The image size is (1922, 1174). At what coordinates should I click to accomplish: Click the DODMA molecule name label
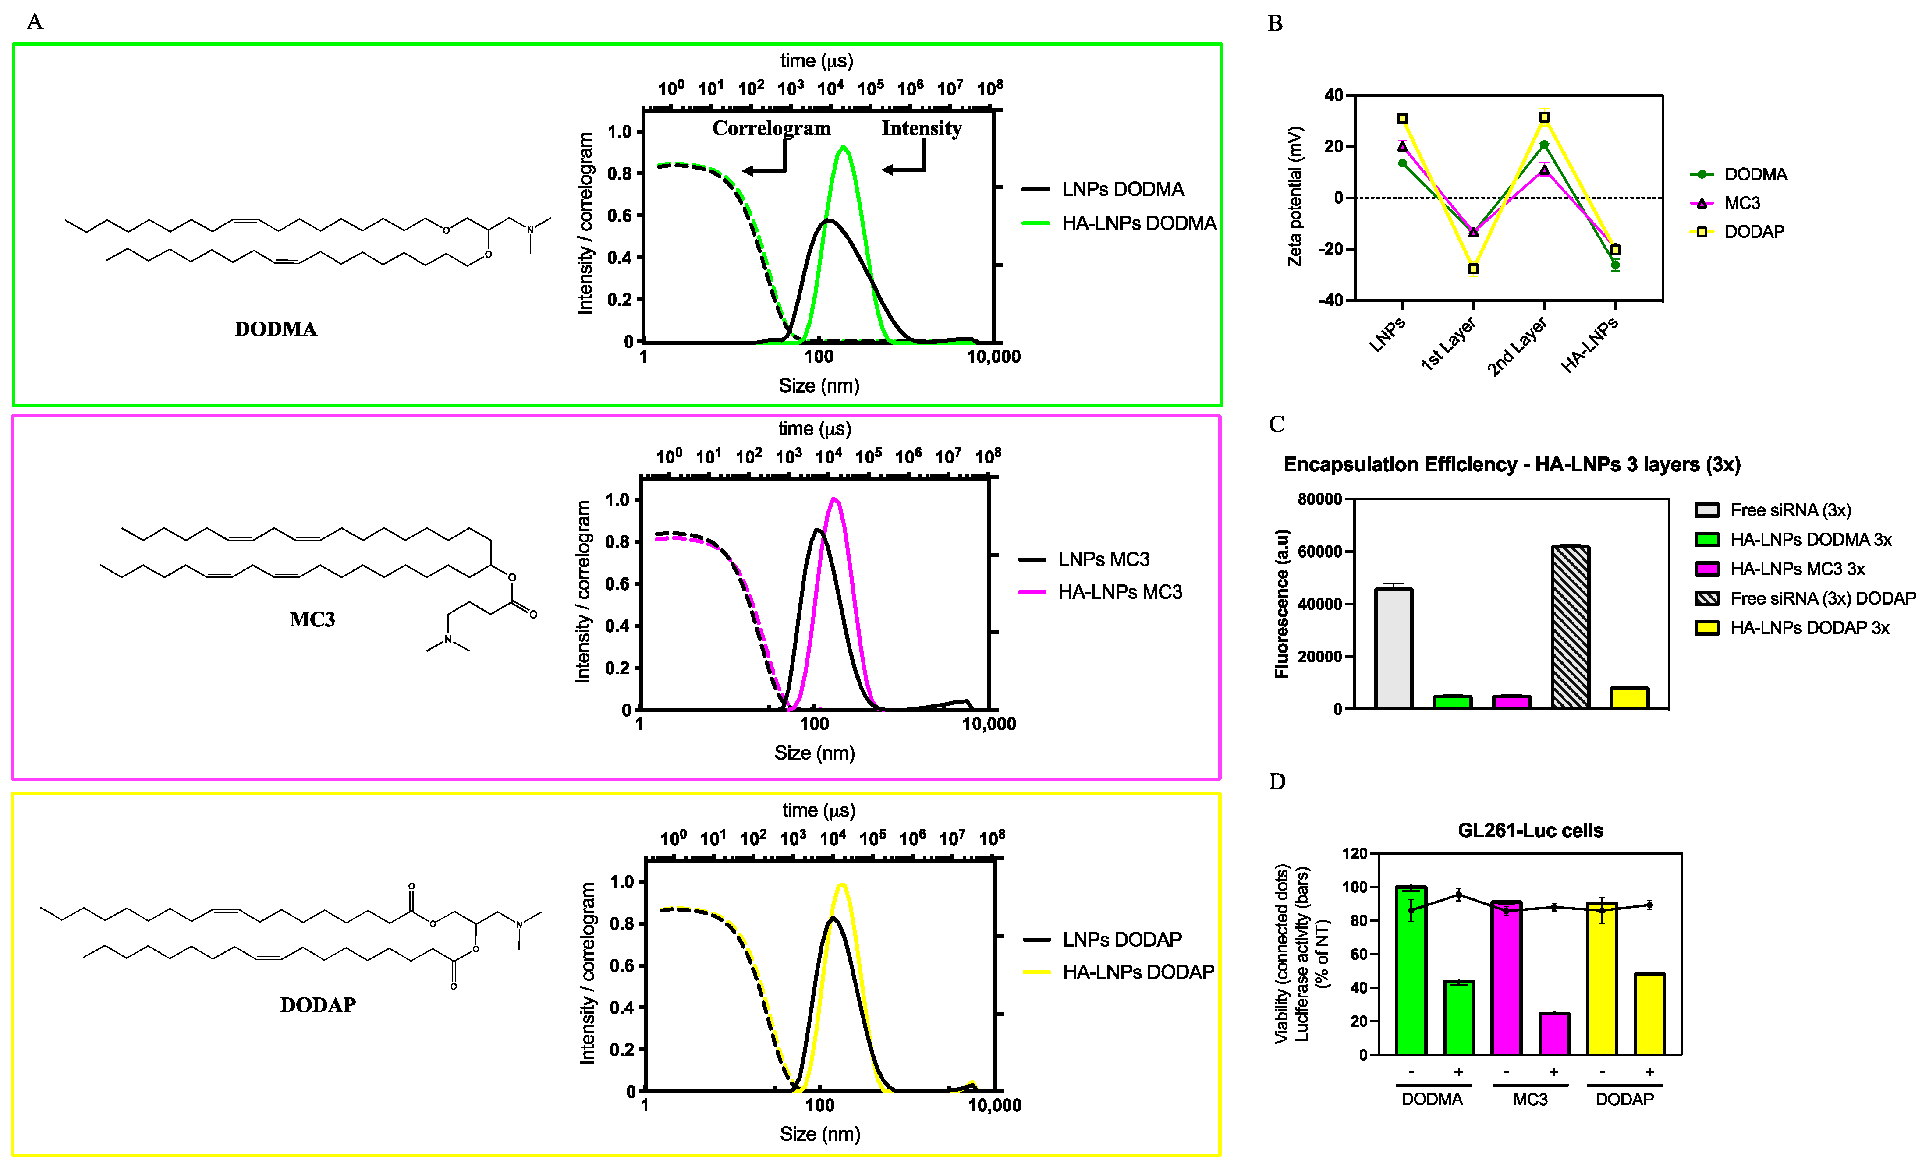[275, 329]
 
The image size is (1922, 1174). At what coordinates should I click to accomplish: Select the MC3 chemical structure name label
[312, 620]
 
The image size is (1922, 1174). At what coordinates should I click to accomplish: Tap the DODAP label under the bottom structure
[317, 1005]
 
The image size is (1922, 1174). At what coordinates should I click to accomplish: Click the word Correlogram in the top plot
[771, 129]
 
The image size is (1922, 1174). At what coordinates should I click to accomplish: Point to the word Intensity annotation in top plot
[921, 129]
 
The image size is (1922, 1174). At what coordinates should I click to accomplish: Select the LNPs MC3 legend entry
[1103, 560]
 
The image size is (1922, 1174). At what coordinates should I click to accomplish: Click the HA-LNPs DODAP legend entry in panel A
[1137, 972]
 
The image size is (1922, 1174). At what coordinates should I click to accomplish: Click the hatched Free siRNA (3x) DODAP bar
[1570, 628]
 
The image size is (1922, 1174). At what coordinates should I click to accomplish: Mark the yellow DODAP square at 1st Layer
[1473, 269]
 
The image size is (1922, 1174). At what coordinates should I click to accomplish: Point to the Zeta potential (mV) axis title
[1295, 196]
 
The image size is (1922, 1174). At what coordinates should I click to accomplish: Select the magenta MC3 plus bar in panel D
[1554, 1034]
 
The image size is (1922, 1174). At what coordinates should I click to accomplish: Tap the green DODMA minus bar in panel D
[1411, 971]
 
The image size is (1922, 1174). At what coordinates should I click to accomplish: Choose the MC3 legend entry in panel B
[1742, 203]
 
